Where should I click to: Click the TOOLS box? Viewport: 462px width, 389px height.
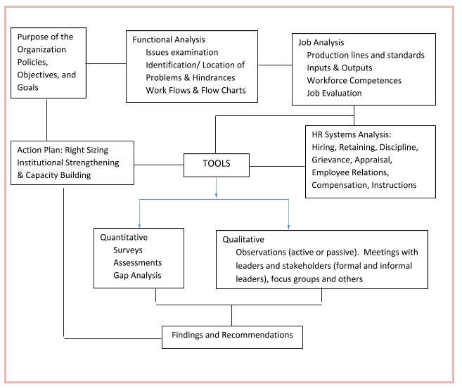[217, 165]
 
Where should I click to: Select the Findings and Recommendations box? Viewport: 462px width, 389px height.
[232, 337]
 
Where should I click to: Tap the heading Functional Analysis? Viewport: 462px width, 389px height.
[169, 40]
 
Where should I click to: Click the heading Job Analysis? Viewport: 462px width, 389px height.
[321, 42]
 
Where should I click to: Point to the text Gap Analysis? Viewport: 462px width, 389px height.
[137, 275]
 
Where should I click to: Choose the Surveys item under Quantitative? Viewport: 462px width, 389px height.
[128, 250]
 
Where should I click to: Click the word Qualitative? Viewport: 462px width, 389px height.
[243, 239]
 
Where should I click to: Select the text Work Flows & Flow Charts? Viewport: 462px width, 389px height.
[195, 90]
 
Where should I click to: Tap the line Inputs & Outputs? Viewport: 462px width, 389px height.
[340, 68]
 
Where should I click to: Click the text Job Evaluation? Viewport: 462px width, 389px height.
[334, 93]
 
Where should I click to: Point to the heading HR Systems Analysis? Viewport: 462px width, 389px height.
[352, 134]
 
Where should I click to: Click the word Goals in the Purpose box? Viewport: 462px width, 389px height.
[27, 87]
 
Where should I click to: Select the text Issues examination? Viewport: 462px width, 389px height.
[182, 53]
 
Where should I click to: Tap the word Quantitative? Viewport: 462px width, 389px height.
[124, 237]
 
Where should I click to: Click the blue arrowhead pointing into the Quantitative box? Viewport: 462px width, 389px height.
[139, 226]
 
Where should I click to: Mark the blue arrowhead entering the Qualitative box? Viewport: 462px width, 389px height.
[288, 227]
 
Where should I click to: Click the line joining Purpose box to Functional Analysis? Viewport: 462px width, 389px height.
[106, 63]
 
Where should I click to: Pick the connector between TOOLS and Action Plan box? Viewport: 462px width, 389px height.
[159, 165]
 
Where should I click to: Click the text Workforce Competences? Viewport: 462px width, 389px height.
[354, 80]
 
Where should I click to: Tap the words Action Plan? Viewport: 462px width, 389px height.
[39, 150]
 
